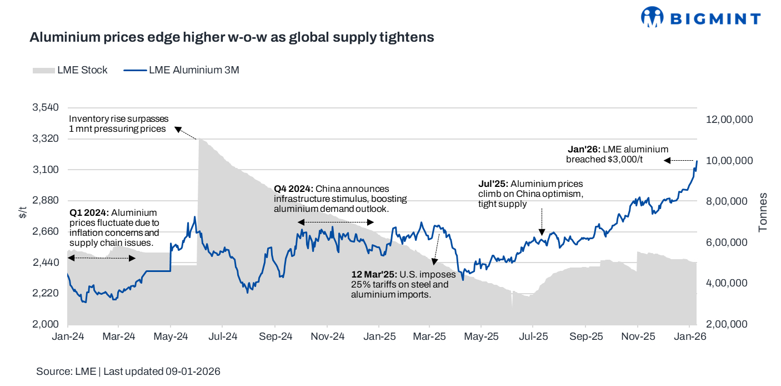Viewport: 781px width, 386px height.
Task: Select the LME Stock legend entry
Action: [x=70, y=70]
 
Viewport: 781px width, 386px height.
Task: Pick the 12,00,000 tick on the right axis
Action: [x=729, y=120]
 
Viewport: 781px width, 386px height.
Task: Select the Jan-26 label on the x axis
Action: [x=690, y=336]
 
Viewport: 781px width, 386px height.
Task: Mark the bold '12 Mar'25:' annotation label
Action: [x=373, y=275]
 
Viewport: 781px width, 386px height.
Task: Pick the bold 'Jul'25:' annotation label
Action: [x=493, y=184]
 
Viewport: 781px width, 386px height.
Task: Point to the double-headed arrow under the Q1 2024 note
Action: [x=102, y=258]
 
